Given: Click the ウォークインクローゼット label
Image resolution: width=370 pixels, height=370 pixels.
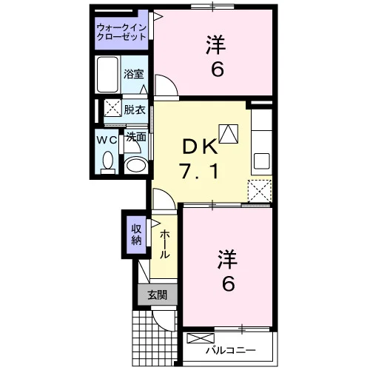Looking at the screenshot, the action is point(121,32).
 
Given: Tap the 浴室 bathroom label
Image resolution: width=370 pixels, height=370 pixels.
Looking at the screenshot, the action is point(134,74).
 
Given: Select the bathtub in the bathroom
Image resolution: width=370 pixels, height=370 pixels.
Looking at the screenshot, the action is point(107,75).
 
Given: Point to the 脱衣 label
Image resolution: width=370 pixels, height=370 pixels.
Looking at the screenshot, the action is point(135,110).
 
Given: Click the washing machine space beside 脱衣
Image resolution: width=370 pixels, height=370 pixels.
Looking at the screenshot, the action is point(112,107).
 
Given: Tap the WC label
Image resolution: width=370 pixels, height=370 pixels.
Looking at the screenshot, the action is point(107,141).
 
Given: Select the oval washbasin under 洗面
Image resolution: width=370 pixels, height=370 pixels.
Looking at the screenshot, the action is point(136,164).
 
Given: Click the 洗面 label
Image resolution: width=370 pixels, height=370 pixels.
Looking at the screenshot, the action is point(136,137).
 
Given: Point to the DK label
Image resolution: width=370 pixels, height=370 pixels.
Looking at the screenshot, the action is point(200,147).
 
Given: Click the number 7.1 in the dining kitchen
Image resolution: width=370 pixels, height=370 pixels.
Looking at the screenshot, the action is point(200,172).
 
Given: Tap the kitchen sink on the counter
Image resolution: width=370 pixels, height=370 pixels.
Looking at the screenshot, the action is point(262,161).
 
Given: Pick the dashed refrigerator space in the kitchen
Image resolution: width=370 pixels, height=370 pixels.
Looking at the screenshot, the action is point(260,191).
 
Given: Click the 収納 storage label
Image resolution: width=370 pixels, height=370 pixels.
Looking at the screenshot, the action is point(136,235).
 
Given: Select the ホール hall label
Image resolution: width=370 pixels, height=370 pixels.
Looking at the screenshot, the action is point(164,244).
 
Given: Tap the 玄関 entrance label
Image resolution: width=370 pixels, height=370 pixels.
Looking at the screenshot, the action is point(158,295).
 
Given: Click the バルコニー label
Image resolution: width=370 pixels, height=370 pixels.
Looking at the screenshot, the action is point(230,350).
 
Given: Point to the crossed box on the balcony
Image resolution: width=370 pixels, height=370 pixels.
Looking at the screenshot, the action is point(201,338).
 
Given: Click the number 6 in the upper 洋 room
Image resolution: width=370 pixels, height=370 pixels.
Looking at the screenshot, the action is point(217,68).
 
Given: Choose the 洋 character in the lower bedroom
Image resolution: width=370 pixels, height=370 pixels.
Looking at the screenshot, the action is point(227,259).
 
